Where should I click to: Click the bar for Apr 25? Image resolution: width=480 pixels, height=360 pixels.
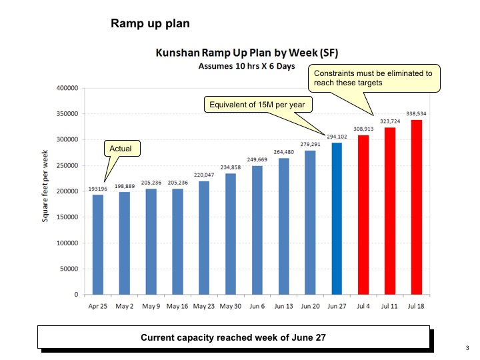[x=98, y=244]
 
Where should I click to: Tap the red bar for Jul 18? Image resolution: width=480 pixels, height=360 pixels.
[x=417, y=207]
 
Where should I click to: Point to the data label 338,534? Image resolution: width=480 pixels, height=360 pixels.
[x=416, y=113]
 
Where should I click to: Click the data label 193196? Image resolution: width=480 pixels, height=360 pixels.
[x=97, y=189]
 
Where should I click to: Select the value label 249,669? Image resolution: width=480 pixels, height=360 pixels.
[x=257, y=159]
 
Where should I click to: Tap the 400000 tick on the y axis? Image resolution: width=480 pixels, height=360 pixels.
[x=67, y=88]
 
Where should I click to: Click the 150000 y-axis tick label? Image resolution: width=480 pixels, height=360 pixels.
[x=67, y=217]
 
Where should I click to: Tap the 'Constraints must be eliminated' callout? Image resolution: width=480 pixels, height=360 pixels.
[x=373, y=78]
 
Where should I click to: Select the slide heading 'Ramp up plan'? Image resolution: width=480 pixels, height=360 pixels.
[x=150, y=24]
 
